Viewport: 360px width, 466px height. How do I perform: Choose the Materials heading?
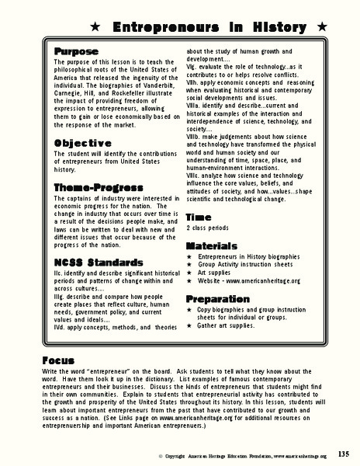point(212,244)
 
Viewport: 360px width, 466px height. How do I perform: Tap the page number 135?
point(344,454)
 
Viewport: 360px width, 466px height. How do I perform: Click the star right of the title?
point(320,26)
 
